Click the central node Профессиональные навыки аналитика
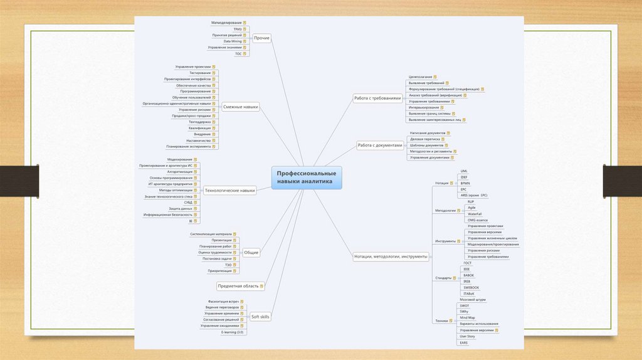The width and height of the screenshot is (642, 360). pyautogui.click(x=307, y=177)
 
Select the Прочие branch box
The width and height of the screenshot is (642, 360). pyautogui.click(x=261, y=38)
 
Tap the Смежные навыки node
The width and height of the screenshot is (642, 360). pyautogui.click(x=241, y=107)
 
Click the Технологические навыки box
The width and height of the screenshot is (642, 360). pyautogui.click(x=230, y=190)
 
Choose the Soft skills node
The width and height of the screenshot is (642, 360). pyautogui.click(x=260, y=317)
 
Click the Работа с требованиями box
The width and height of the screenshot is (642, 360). pyautogui.click(x=377, y=98)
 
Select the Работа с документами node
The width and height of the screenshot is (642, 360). pyautogui.click(x=379, y=145)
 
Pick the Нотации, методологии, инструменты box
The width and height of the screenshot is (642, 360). pyautogui.click(x=391, y=256)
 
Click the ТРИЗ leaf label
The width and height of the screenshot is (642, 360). pyautogui.click(x=237, y=29)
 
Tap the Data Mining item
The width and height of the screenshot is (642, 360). pyautogui.click(x=232, y=41)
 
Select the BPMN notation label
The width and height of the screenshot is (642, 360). pyautogui.click(x=465, y=183)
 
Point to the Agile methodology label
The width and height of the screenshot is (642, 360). pyautogui.click(x=471, y=207)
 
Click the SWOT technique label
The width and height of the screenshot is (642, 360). pyautogui.click(x=464, y=305)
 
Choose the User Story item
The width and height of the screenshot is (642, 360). pyautogui.click(x=468, y=336)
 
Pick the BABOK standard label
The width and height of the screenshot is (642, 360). pyautogui.click(x=468, y=275)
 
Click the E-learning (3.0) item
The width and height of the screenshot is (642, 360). pyautogui.click(x=232, y=332)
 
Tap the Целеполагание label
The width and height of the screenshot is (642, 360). pyautogui.click(x=420, y=77)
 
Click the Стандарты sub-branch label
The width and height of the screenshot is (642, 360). pyautogui.click(x=443, y=278)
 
